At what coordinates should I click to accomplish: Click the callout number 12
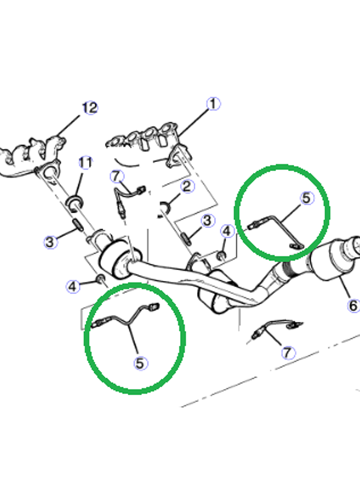[x=90, y=108]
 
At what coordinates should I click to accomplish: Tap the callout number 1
[x=213, y=104]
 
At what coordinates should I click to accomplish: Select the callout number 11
[x=85, y=163]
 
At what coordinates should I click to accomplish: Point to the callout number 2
[x=188, y=186]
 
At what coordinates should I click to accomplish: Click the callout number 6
[x=353, y=306]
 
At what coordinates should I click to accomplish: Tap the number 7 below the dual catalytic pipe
[x=288, y=353]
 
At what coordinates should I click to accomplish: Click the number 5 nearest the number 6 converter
[x=307, y=198]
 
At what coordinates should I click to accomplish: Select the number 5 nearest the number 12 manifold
[x=140, y=363]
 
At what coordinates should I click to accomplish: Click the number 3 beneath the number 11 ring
[x=50, y=242]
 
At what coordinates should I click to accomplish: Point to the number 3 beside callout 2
[x=207, y=220]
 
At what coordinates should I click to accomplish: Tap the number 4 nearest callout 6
[x=227, y=231]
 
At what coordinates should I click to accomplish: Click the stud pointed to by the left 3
[x=78, y=225]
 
